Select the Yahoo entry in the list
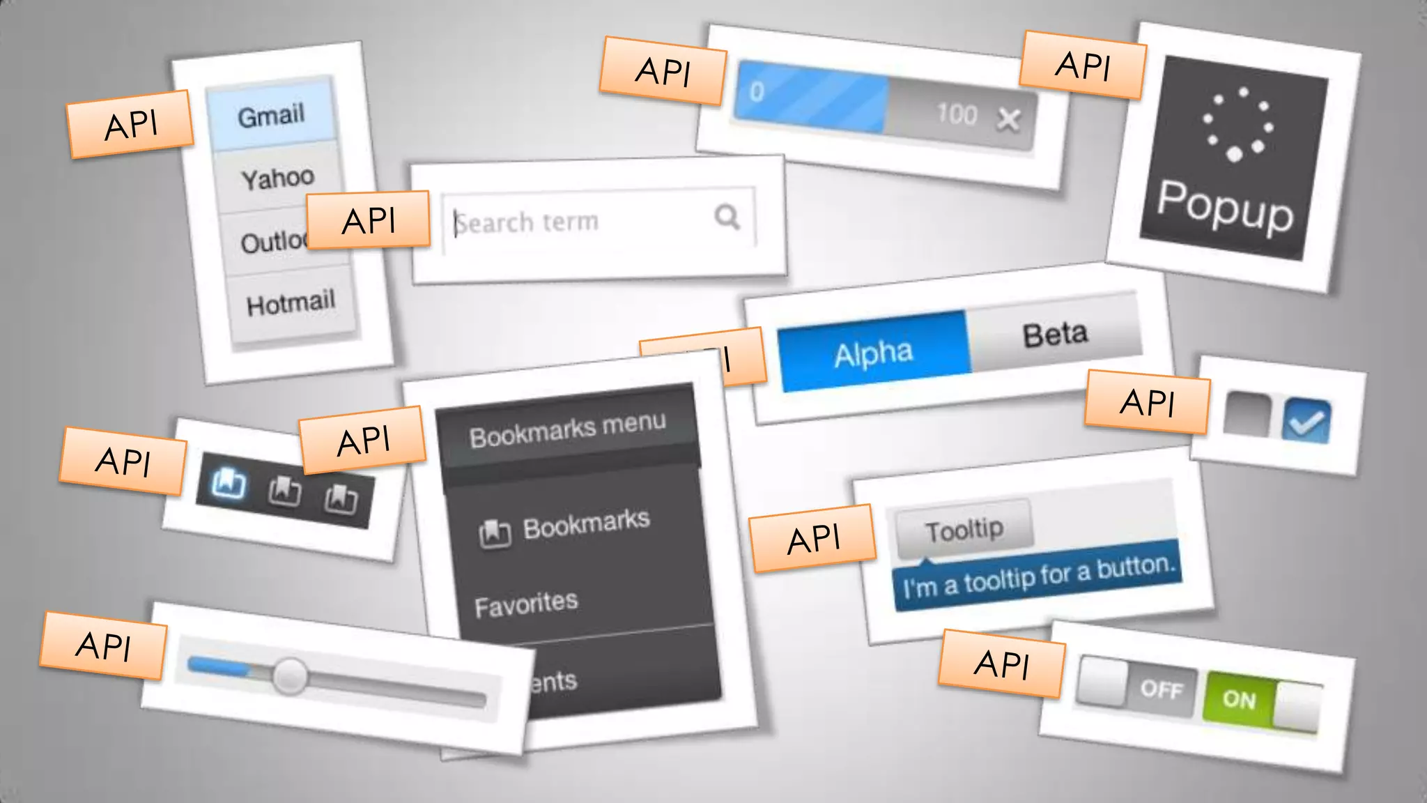coord(277,178)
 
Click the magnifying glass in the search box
coord(727,217)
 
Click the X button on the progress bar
coord(1008,120)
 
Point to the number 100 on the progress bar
coord(957,114)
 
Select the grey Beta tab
coord(1055,335)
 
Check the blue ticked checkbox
coord(1306,421)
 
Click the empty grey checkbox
coord(1247,415)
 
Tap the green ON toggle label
coord(1238,698)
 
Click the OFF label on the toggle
coord(1162,689)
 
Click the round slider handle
coord(290,675)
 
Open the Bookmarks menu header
coord(567,430)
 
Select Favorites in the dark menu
coord(526,604)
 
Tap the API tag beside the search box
coord(368,221)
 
